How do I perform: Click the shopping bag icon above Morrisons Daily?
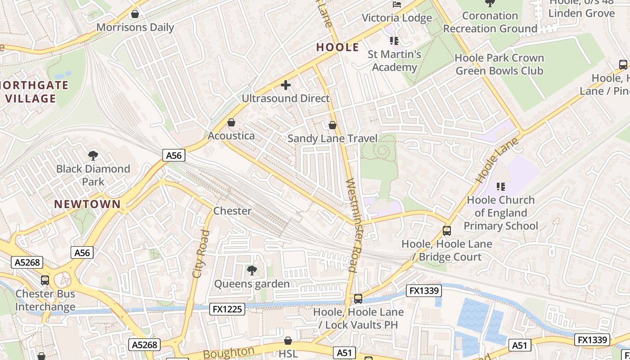click(135, 14)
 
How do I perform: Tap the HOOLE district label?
click(337, 47)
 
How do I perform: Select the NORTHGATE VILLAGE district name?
click(34, 92)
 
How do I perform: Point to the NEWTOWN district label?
click(87, 204)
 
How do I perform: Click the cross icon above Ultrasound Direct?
click(285, 85)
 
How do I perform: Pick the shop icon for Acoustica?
click(231, 122)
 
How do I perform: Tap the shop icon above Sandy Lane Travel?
click(333, 125)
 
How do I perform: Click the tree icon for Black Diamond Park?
click(93, 156)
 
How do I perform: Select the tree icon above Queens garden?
click(252, 270)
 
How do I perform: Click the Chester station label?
click(232, 211)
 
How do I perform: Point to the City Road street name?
click(201, 254)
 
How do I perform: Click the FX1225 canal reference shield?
click(227, 309)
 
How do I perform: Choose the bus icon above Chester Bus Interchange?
click(45, 280)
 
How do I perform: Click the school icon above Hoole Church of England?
click(500, 186)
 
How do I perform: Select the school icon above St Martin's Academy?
click(394, 41)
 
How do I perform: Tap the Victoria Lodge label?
click(397, 18)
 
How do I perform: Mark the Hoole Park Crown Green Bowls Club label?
click(499, 64)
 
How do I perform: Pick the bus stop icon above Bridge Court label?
click(447, 230)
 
